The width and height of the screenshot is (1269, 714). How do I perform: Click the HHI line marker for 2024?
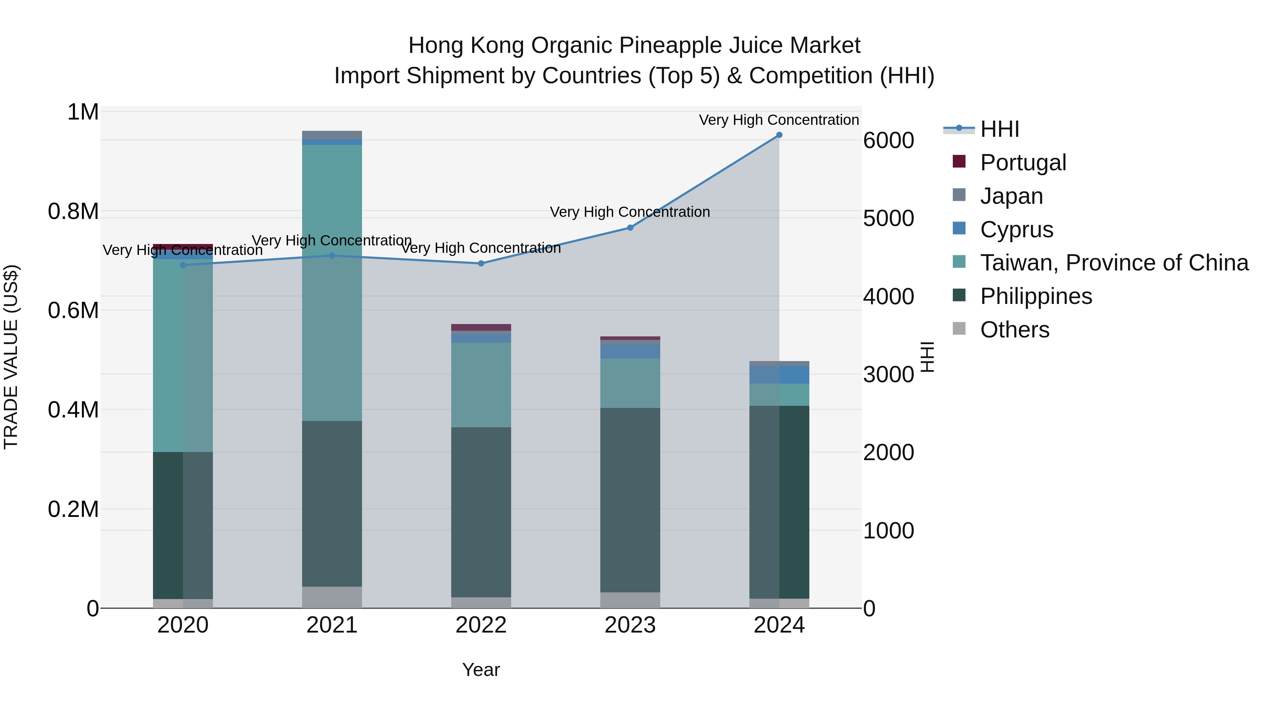[779, 135]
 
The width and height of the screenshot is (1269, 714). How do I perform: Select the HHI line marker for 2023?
[630, 228]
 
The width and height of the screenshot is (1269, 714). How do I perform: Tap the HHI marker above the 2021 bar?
[332, 256]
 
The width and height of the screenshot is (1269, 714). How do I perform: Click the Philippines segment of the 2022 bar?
[481, 512]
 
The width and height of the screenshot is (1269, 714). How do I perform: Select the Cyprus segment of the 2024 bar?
[779, 375]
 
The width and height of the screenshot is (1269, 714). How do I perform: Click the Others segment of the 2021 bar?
[332, 597]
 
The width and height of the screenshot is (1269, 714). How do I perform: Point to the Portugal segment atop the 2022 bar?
[481, 328]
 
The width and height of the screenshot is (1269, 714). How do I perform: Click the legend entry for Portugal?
[1023, 163]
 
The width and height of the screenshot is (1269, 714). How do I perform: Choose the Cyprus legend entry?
[1016, 230]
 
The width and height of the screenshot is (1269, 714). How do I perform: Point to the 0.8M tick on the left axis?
[73, 212]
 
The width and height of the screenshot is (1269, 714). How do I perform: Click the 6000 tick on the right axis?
[888, 140]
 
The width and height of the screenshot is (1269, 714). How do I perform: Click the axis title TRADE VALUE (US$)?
[11, 357]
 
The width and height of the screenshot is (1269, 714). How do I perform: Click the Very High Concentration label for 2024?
[778, 120]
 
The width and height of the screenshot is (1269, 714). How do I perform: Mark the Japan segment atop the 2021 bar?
[332, 135]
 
